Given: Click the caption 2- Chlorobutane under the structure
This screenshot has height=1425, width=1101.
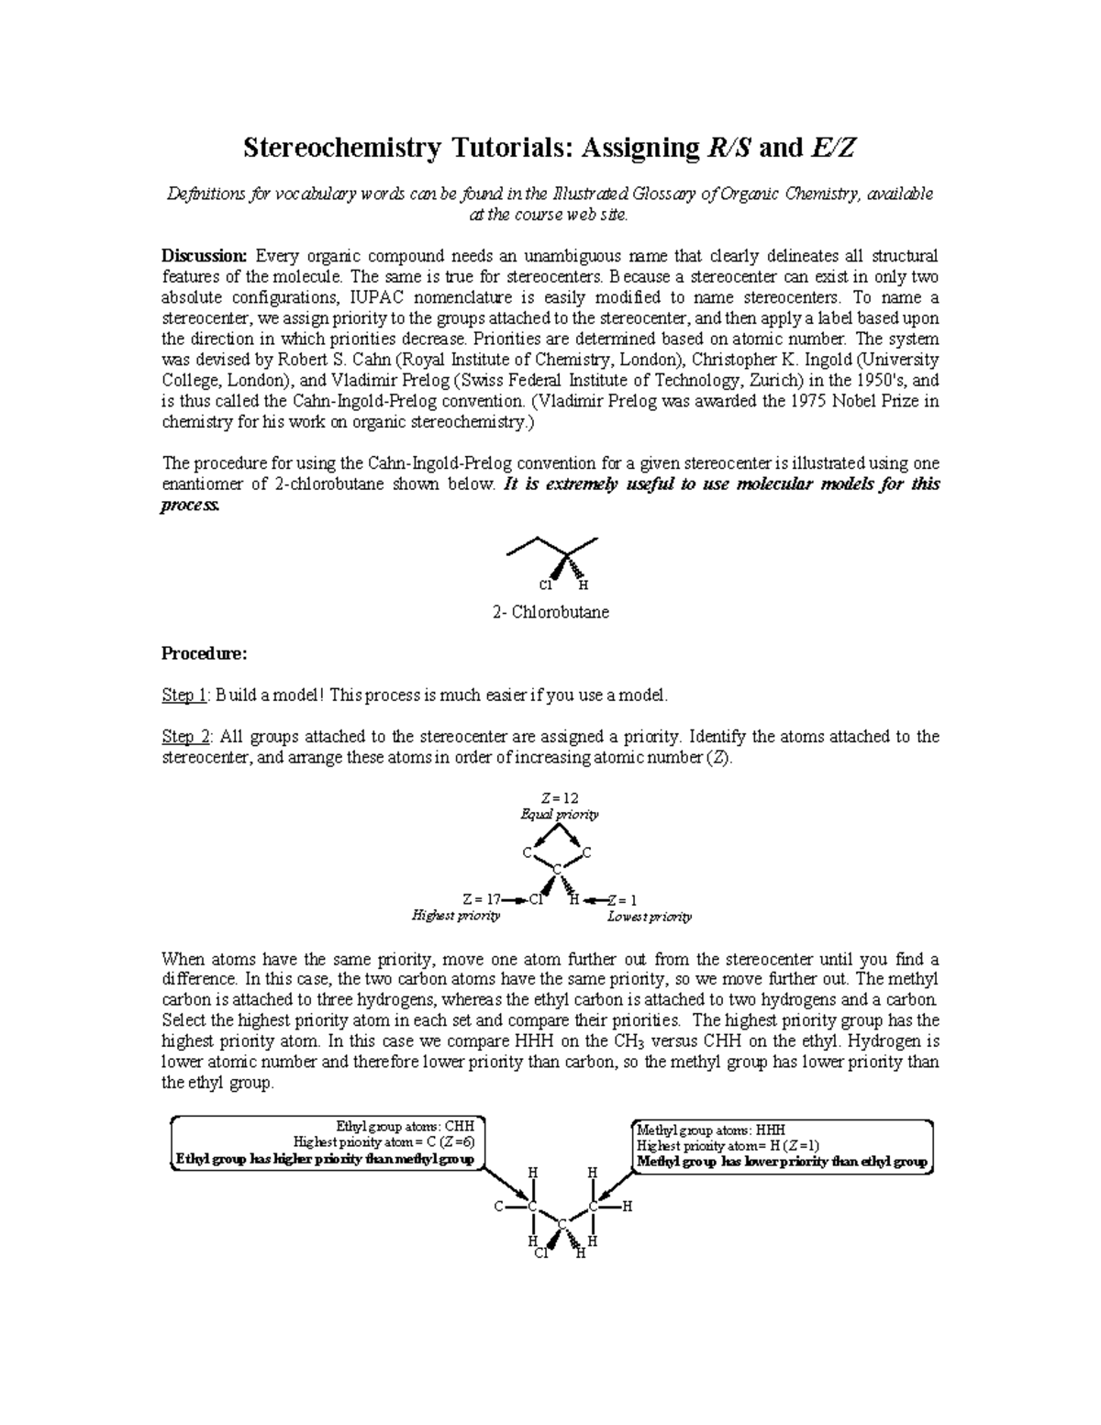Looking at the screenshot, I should click(550, 612).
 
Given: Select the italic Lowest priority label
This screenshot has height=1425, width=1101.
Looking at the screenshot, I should click(650, 916).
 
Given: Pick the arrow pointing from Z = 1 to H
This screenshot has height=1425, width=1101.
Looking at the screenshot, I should click(595, 899).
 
